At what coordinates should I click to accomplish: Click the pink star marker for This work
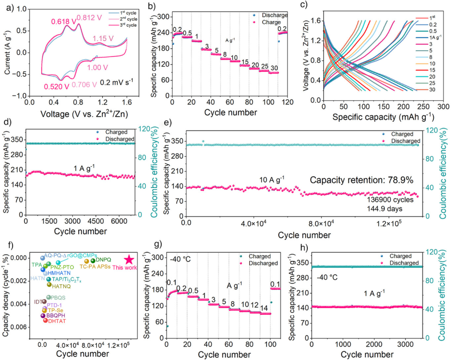(129, 260)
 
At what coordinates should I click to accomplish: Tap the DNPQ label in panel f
(104, 260)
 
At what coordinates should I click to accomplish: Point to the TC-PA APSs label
(95, 266)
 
